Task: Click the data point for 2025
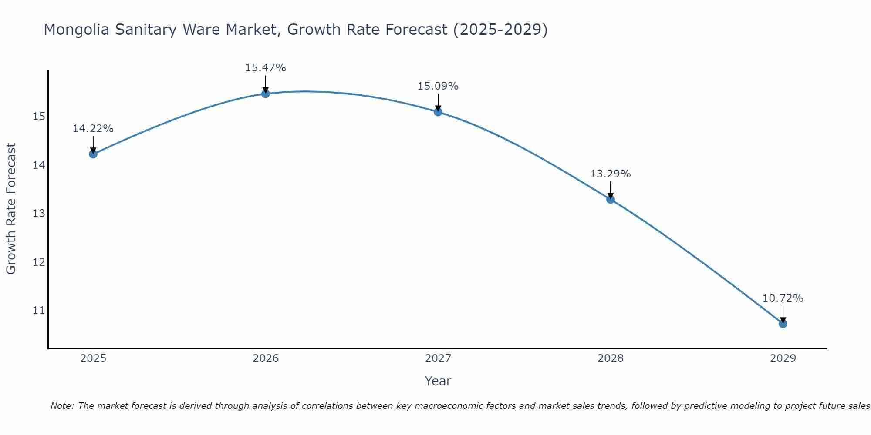93,154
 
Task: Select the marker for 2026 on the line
266,94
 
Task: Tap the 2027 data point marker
438,112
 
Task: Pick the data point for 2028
611,199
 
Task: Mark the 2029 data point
783,324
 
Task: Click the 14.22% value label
93,129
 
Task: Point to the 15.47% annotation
266,68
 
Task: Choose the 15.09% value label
438,86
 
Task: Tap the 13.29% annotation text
611,174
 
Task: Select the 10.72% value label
783,298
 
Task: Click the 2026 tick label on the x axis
266,358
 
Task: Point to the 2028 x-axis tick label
611,358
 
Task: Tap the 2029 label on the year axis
783,358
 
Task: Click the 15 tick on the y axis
39,117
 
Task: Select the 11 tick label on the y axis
39,311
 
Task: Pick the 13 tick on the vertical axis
39,214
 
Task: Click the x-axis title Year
438,381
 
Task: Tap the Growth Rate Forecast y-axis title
11,209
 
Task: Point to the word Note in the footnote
62,406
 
